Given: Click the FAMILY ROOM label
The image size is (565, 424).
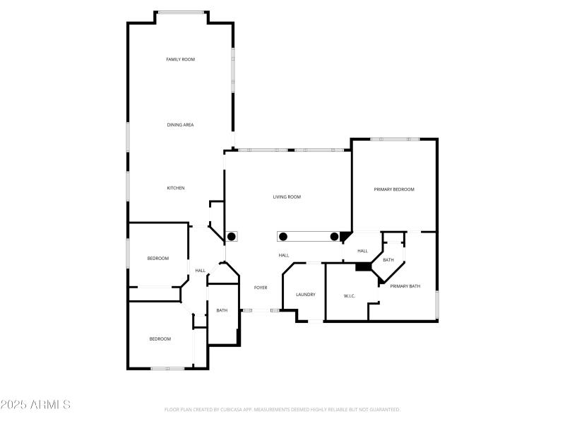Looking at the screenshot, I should tap(180, 59).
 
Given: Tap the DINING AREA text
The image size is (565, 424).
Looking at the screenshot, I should tap(180, 125).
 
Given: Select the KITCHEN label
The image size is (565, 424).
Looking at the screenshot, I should tap(176, 188).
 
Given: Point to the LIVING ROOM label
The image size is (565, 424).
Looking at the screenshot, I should tap(287, 197).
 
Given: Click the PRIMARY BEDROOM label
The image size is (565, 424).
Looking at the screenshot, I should tap(393, 189).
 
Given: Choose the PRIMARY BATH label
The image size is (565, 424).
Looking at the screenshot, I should tap(405, 286).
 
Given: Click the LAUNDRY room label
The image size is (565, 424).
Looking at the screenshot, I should tap(305, 295).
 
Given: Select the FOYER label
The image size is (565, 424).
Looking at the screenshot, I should tap(261, 288).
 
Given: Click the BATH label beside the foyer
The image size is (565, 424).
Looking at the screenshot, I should tap(222, 310).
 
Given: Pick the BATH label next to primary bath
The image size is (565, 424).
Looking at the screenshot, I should tap(388, 260).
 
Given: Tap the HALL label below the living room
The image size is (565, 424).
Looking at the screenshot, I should tap(283, 255).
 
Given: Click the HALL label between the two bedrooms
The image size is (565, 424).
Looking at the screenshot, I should tap(201, 271).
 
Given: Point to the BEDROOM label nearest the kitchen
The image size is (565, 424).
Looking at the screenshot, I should tap(157, 259).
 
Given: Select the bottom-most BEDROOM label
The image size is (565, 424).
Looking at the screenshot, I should tap(160, 339).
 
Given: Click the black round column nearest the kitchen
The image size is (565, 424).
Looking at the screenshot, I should tap(231, 236).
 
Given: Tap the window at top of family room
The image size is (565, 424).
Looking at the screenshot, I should tap(182, 12).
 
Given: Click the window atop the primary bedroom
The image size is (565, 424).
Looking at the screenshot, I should tap(395, 139).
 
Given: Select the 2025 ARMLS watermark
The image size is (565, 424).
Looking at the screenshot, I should tap(35, 405).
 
